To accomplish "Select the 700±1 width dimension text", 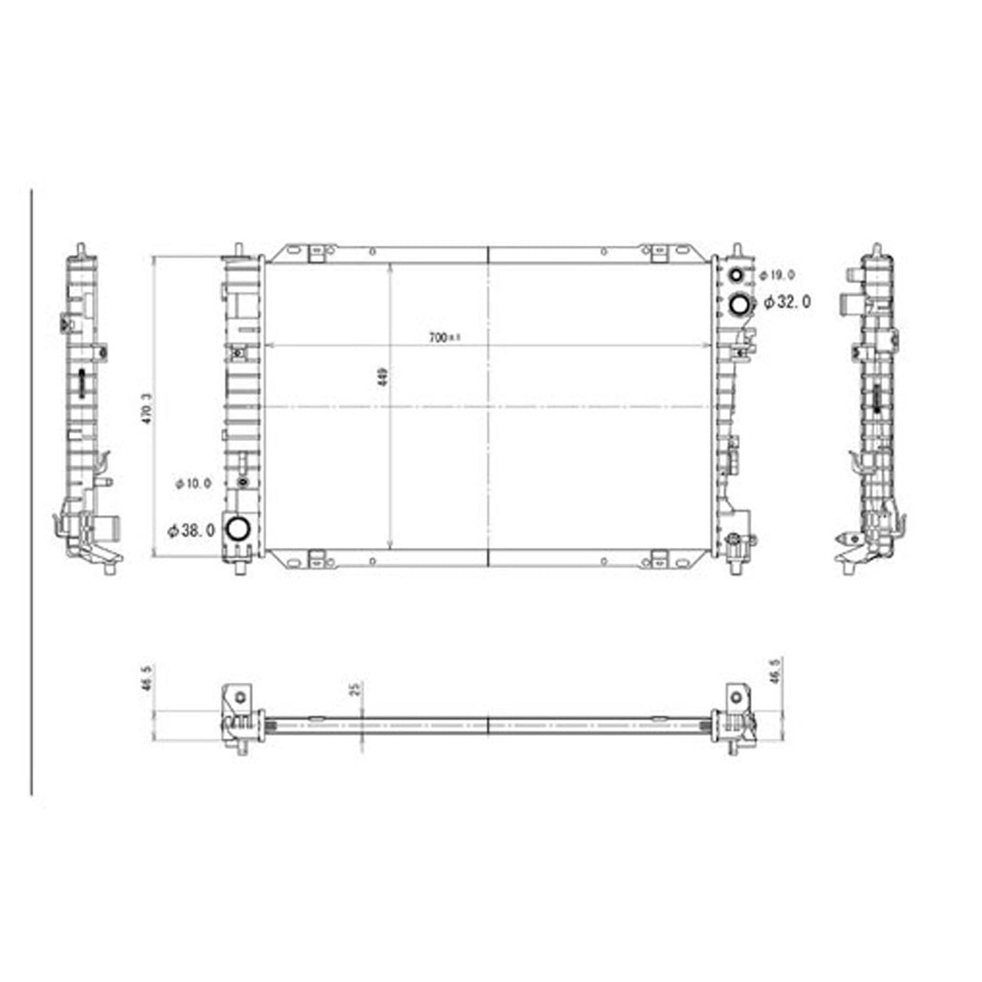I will point(443,337).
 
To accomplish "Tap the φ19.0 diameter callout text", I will point(778,276).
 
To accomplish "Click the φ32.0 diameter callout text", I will point(786,303).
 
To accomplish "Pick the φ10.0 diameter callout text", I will point(193,483).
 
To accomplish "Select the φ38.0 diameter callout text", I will point(191,529).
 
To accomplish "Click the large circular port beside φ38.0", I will point(237,529).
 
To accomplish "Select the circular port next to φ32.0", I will point(740,304).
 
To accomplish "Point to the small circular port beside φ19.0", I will point(738,275).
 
